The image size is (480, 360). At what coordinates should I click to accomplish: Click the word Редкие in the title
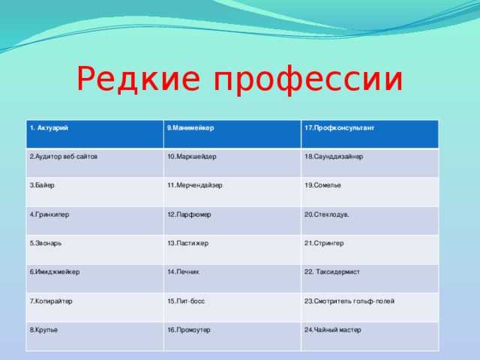pos(138,79)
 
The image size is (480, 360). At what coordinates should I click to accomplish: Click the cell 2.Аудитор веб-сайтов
pos(63,157)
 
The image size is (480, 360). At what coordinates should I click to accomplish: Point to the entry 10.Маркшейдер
pos(192,157)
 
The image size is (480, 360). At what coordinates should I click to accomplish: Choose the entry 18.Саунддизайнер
pos(334,157)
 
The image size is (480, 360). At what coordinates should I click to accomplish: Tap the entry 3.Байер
pos(42,185)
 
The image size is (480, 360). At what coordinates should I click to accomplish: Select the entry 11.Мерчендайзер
pos(195,185)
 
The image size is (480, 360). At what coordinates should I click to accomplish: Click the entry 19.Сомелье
pos(322,185)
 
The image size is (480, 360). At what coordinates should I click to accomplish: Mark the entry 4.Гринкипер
pos(49,214)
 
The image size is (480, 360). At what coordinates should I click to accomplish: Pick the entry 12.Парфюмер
pos(189,214)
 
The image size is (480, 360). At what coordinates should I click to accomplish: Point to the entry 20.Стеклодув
pos(327,214)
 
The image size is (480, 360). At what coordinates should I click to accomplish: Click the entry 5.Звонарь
pos(46,243)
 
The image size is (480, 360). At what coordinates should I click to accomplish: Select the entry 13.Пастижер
pos(188,243)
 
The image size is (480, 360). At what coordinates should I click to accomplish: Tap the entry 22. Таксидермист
pos(331,271)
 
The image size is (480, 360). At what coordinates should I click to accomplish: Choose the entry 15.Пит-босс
pos(186,301)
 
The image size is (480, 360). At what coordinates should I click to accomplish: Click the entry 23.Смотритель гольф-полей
pos(349,301)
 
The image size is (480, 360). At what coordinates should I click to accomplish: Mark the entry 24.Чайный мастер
pos(333,330)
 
